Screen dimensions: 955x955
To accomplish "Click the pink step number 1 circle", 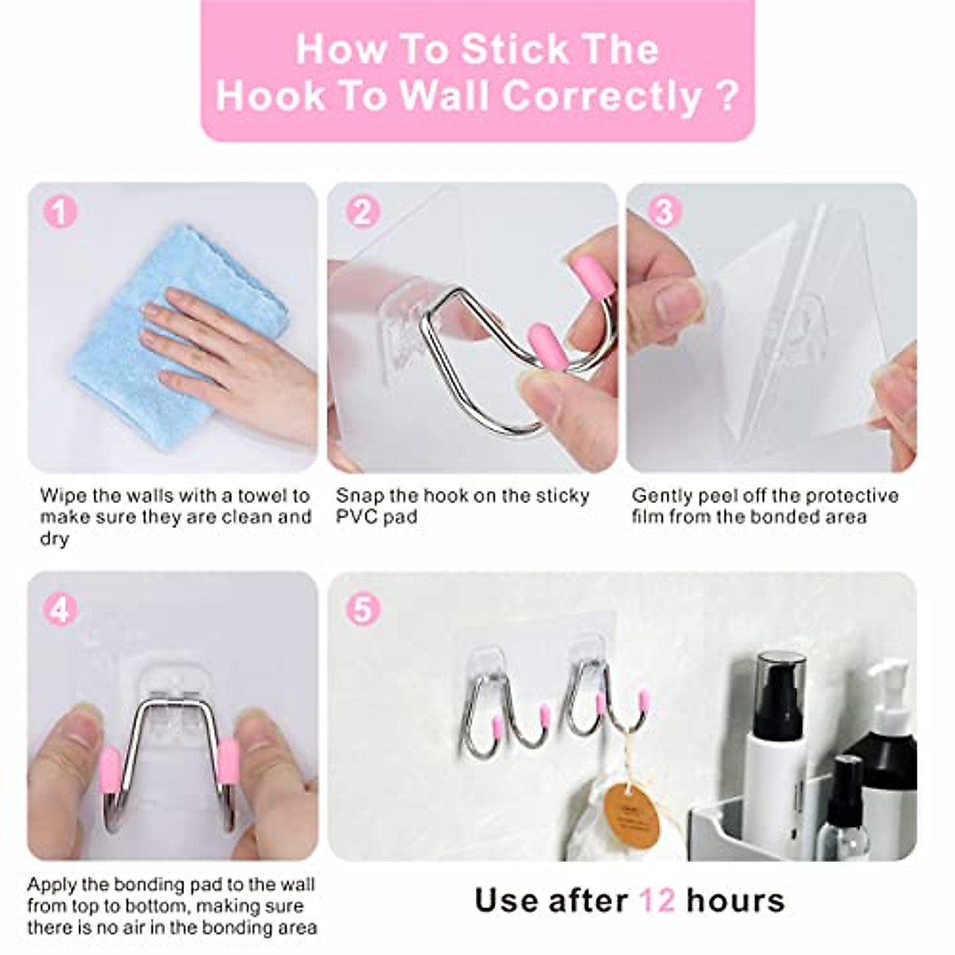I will point(60,213).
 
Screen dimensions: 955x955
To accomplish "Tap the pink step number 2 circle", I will point(362,213).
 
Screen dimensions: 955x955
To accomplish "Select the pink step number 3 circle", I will point(663,212).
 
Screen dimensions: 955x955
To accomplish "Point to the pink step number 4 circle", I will point(60,610).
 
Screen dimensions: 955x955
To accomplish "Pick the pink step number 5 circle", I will point(362,610).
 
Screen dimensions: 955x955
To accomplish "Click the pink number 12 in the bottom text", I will point(657,901).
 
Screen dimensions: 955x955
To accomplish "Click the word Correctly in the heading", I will point(602,96).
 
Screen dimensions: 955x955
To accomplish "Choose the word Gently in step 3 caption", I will point(662,496).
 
